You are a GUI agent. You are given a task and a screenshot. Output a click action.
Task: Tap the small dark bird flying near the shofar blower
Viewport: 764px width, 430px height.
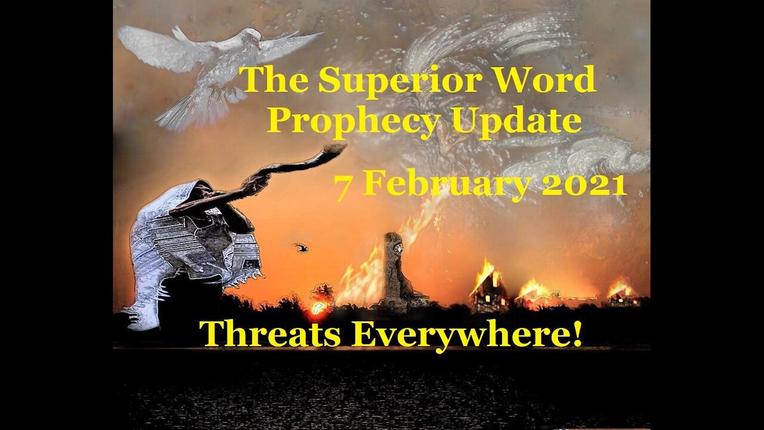coord(300,247)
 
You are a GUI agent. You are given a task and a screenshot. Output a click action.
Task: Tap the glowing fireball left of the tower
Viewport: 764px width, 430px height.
coord(317,308)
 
